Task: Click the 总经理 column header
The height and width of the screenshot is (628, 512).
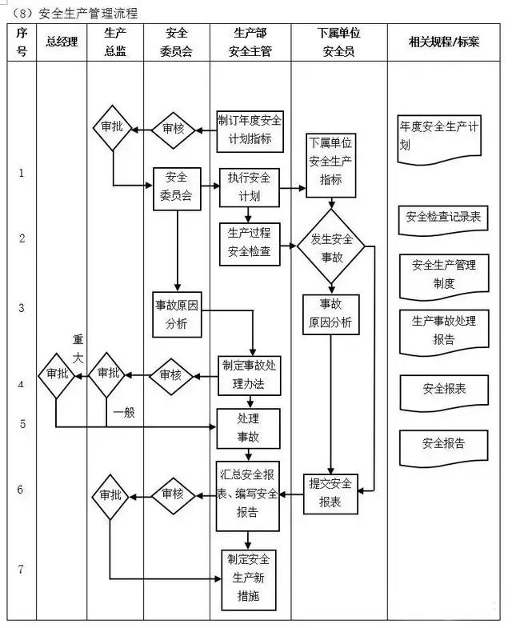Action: pyautogui.click(x=62, y=42)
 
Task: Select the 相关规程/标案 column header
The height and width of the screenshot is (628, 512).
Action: pyautogui.click(x=444, y=42)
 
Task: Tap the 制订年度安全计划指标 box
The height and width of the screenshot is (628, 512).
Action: pyautogui.click(x=250, y=130)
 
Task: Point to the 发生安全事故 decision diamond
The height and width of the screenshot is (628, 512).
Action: pyautogui.click(x=331, y=246)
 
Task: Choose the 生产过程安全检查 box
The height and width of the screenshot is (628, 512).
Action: pyautogui.click(x=250, y=243)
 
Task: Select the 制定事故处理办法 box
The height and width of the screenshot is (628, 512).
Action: pyautogui.click(x=250, y=374)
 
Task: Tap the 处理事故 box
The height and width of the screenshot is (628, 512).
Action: pyautogui.click(x=250, y=427)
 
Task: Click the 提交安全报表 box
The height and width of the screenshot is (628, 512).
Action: pyautogui.click(x=331, y=493)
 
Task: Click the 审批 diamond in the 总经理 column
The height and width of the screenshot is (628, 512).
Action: pyautogui.click(x=57, y=374)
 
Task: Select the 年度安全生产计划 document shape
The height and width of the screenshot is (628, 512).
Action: pyautogui.click(x=439, y=136)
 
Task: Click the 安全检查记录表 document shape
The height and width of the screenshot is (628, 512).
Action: pyautogui.click(x=442, y=218)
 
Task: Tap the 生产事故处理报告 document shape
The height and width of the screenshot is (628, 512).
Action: pyautogui.click(x=443, y=329)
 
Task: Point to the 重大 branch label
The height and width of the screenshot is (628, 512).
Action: pyautogui.click(x=78, y=350)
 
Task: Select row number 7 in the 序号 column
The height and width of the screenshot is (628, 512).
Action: pyautogui.click(x=21, y=570)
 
